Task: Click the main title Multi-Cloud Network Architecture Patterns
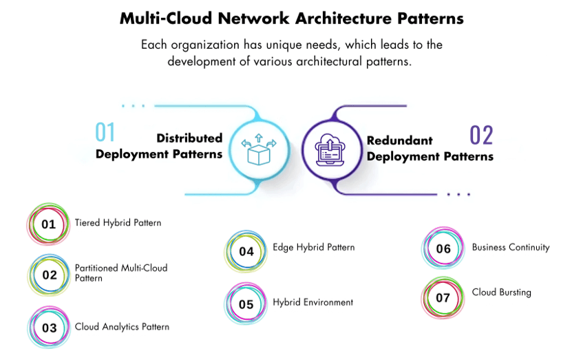291,18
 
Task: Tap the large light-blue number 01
105,132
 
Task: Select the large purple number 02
481,136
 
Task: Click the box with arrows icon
257,148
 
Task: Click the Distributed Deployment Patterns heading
159,146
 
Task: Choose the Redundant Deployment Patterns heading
430,149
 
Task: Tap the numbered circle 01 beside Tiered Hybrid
48,224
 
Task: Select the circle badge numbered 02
50,275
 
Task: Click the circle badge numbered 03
50,328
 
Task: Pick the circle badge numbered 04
246,252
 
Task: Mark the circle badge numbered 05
246,304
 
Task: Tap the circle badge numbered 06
443,249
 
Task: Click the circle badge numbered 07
443,298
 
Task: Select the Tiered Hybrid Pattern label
118,222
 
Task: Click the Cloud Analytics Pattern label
122,326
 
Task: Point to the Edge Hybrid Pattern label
314,247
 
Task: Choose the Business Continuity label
511,247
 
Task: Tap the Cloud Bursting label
501,292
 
